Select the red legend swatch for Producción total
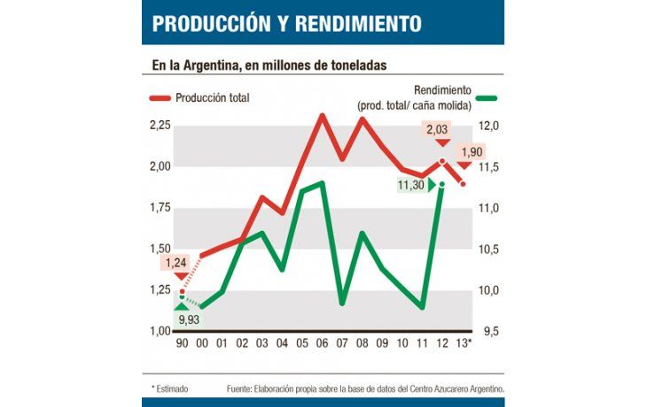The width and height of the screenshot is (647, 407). click(x=160, y=98)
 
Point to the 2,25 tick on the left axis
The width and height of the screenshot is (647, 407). click(x=160, y=126)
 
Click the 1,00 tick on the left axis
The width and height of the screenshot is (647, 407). click(x=160, y=331)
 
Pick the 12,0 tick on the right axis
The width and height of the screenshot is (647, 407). click(x=490, y=126)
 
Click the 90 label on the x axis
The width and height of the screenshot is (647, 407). click(x=182, y=344)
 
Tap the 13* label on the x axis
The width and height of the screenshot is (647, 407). click(x=464, y=344)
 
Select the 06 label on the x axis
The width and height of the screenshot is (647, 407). click(x=321, y=344)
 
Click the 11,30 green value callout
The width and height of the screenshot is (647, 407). click(x=410, y=185)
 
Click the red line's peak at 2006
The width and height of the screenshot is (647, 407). click(x=321, y=115)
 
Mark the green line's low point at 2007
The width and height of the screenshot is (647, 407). click(x=342, y=303)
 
